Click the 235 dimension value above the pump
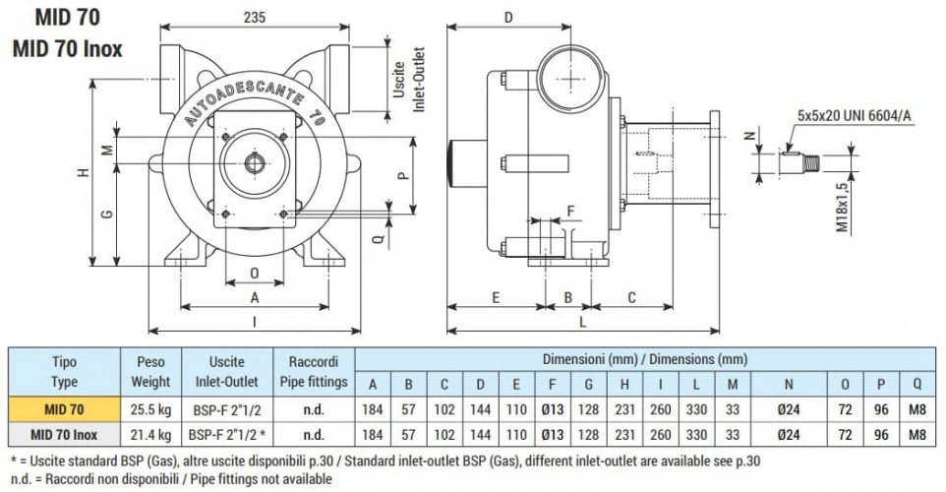click(255, 16)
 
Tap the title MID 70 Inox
click(68, 48)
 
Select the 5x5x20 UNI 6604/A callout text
click(856, 115)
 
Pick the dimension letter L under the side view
click(583, 321)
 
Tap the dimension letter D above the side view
click(507, 18)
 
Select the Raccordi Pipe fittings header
click(314, 372)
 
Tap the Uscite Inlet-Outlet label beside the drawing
click(407, 80)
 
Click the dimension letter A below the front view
click(254, 296)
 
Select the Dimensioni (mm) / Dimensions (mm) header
click(643, 359)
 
